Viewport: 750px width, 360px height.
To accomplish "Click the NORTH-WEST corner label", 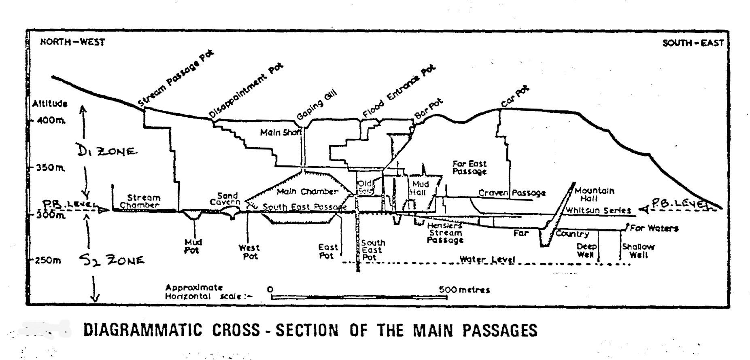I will point(72,42).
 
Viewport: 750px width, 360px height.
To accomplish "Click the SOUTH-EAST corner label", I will point(693,43).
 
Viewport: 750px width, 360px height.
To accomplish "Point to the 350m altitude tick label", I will point(49,167).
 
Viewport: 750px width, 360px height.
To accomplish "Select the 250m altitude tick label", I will point(48,260).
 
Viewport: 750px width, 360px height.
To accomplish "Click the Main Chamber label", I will point(307,191).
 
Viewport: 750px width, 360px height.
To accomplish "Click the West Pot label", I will point(249,252).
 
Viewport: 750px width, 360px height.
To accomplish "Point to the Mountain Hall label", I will point(594,195).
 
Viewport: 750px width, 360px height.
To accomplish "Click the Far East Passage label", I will point(469,167).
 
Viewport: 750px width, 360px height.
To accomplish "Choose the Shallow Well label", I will point(638,251).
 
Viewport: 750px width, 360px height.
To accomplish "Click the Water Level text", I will point(487,259).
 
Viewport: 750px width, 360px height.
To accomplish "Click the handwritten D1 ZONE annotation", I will point(107,151).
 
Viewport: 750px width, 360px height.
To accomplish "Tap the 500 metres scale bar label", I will point(464,290).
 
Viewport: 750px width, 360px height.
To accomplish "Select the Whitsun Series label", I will point(598,210).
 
